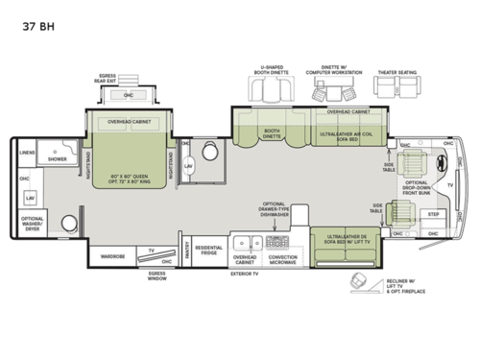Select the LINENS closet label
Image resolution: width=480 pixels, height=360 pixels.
(x=27, y=153)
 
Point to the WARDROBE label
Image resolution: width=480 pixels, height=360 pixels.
(x=112, y=255)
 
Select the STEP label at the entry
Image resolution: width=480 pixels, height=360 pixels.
(x=433, y=215)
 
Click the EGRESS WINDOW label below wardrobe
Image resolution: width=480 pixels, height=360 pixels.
(x=156, y=275)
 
